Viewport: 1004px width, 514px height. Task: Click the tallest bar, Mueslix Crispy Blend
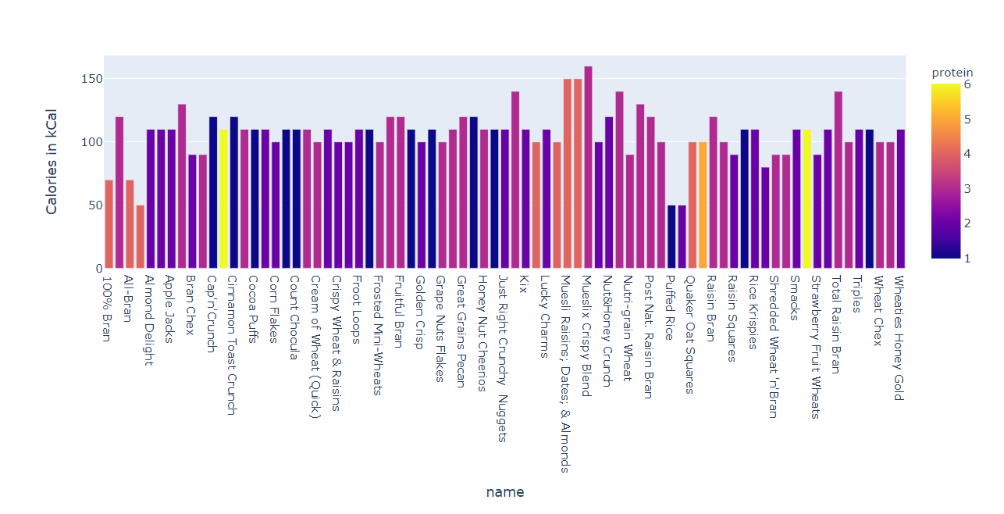coord(588,167)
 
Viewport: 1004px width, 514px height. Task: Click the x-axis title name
coord(504,492)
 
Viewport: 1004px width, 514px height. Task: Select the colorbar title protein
coord(952,73)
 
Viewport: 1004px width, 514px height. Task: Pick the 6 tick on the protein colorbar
coord(968,84)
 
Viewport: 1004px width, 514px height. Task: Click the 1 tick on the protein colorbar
coord(968,258)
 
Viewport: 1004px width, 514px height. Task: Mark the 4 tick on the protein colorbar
coord(968,154)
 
